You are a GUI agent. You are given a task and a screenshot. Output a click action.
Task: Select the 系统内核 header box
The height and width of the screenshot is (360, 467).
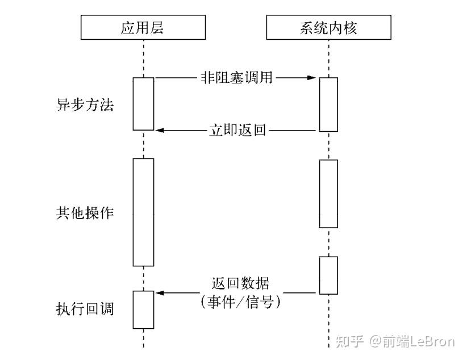[328, 28]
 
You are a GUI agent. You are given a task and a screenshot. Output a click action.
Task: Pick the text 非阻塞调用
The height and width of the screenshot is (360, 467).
[236, 78]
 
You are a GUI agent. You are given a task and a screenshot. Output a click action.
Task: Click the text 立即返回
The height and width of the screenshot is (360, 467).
[236, 130]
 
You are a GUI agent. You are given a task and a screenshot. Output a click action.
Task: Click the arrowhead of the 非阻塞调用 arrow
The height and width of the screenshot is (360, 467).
[312, 78]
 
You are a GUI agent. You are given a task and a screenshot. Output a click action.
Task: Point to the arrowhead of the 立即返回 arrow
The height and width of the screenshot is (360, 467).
[160, 130]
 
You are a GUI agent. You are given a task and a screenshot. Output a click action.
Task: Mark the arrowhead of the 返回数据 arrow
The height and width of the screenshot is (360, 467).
[160, 293]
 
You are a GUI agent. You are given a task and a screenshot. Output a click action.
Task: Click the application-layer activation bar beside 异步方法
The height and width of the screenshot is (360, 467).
[143, 104]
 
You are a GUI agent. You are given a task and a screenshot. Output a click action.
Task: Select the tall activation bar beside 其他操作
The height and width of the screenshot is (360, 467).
[143, 212]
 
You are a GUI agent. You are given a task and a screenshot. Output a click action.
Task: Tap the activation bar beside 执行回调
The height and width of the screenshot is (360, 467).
[143, 309]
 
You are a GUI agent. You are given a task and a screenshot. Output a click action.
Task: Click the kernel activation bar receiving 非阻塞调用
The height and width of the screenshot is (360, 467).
[328, 104]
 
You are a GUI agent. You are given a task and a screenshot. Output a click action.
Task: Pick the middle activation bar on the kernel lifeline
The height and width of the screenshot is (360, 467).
[328, 193]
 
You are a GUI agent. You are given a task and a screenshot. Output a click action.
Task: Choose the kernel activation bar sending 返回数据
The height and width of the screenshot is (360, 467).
[328, 275]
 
